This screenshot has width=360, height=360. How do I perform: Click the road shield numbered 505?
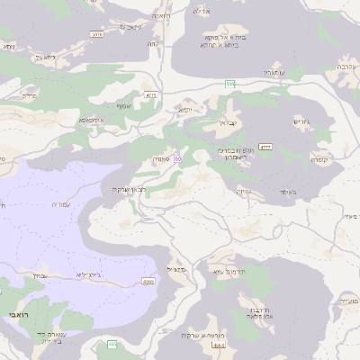[x=230, y=84]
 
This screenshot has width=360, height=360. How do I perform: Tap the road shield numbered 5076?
[x=95, y=33]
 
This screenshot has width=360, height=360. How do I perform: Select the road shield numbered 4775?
[x=266, y=146]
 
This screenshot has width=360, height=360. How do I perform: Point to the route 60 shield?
[x=179, y=159]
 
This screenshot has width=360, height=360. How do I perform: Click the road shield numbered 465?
[x=148, y=282]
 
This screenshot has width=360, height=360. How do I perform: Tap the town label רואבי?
[x=17, y=316]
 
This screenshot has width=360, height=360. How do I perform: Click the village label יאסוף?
[x=185, y=109]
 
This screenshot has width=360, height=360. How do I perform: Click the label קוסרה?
[x=319, y=158]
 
